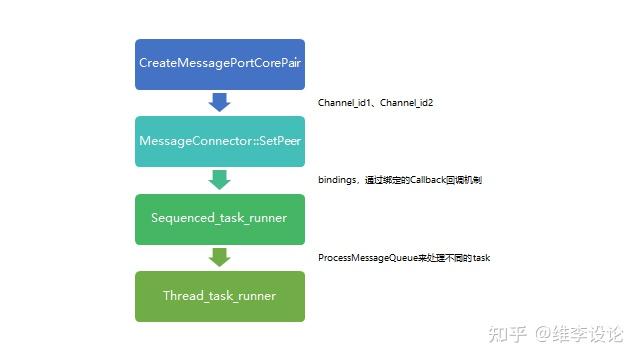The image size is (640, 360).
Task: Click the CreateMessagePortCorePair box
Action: [x=220, y=63]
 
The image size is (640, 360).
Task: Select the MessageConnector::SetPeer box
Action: [x=220, y=141]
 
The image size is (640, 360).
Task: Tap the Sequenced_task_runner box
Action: [x=220, y=218]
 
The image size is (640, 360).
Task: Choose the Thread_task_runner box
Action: [x=220, y=296]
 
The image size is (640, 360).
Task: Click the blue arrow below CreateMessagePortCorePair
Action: [x=220, y=102]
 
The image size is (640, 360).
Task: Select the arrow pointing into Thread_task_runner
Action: [x=220, y=257]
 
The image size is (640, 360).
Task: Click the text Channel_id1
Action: [x=342, y=104]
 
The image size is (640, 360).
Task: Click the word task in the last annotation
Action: [x=481, y=258]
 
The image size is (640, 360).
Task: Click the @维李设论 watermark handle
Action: [x=580, y=331]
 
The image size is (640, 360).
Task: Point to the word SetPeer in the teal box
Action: [x=277, y=141]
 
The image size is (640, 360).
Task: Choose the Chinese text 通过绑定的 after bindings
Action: [x=383, y=181]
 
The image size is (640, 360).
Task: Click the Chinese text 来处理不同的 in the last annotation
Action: [x=444, y=258]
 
